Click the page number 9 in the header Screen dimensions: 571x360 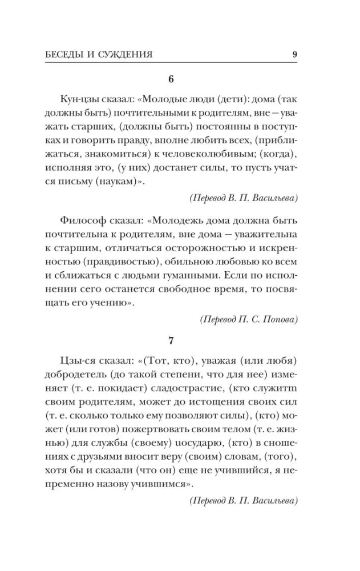[x=294, y=55]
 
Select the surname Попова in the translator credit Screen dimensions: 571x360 [x=279, y=320]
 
